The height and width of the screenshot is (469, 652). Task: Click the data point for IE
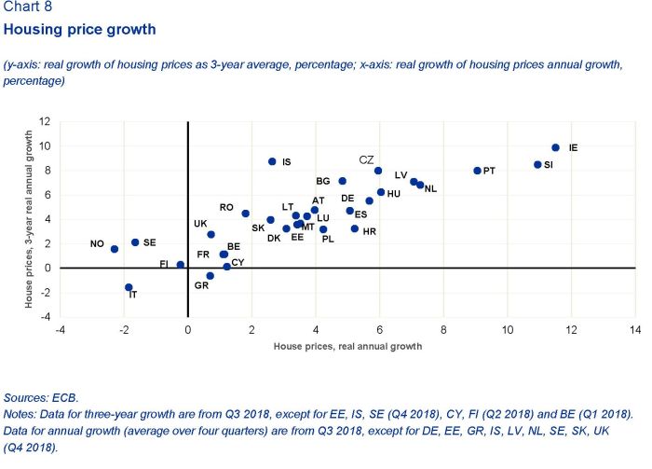(555, 147)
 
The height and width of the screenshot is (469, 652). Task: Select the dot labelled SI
(537, 165)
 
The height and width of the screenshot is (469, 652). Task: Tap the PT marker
(477, 171)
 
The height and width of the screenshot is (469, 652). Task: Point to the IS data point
(272, 161)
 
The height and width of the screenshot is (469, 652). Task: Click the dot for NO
(115, 249)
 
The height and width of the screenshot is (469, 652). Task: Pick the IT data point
(129, 287)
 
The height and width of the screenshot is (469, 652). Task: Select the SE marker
(135, 242)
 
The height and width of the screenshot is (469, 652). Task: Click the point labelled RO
(246, 214)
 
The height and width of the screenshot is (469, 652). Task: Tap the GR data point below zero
(211, 276)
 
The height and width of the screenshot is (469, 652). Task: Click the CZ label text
(366, 159)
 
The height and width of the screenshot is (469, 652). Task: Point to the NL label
(430, 188)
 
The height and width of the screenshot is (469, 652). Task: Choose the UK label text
(200, 224)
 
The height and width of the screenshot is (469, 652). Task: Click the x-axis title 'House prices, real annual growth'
(347, 346)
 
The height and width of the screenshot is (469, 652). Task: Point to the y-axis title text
(29, 219)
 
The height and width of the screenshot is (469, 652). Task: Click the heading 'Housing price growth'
(80, 30)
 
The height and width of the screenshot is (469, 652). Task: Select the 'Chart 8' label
(29, 7)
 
